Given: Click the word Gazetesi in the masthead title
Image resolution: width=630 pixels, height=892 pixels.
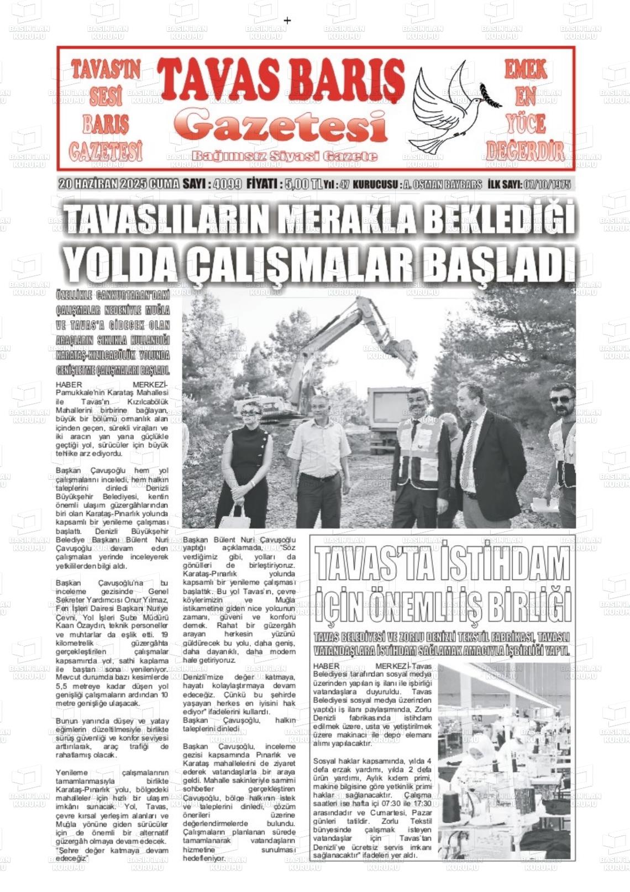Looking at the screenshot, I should [x=280, y=126].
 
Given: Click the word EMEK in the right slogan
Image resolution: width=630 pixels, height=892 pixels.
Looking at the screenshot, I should [x=525, y=70].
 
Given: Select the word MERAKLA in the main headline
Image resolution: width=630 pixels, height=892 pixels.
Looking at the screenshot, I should [x=349, y=220].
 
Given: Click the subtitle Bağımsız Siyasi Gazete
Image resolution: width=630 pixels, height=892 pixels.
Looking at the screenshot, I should [x=285, y=157].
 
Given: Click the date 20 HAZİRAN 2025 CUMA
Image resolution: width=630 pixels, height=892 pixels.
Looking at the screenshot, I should [x=118, y=184].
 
